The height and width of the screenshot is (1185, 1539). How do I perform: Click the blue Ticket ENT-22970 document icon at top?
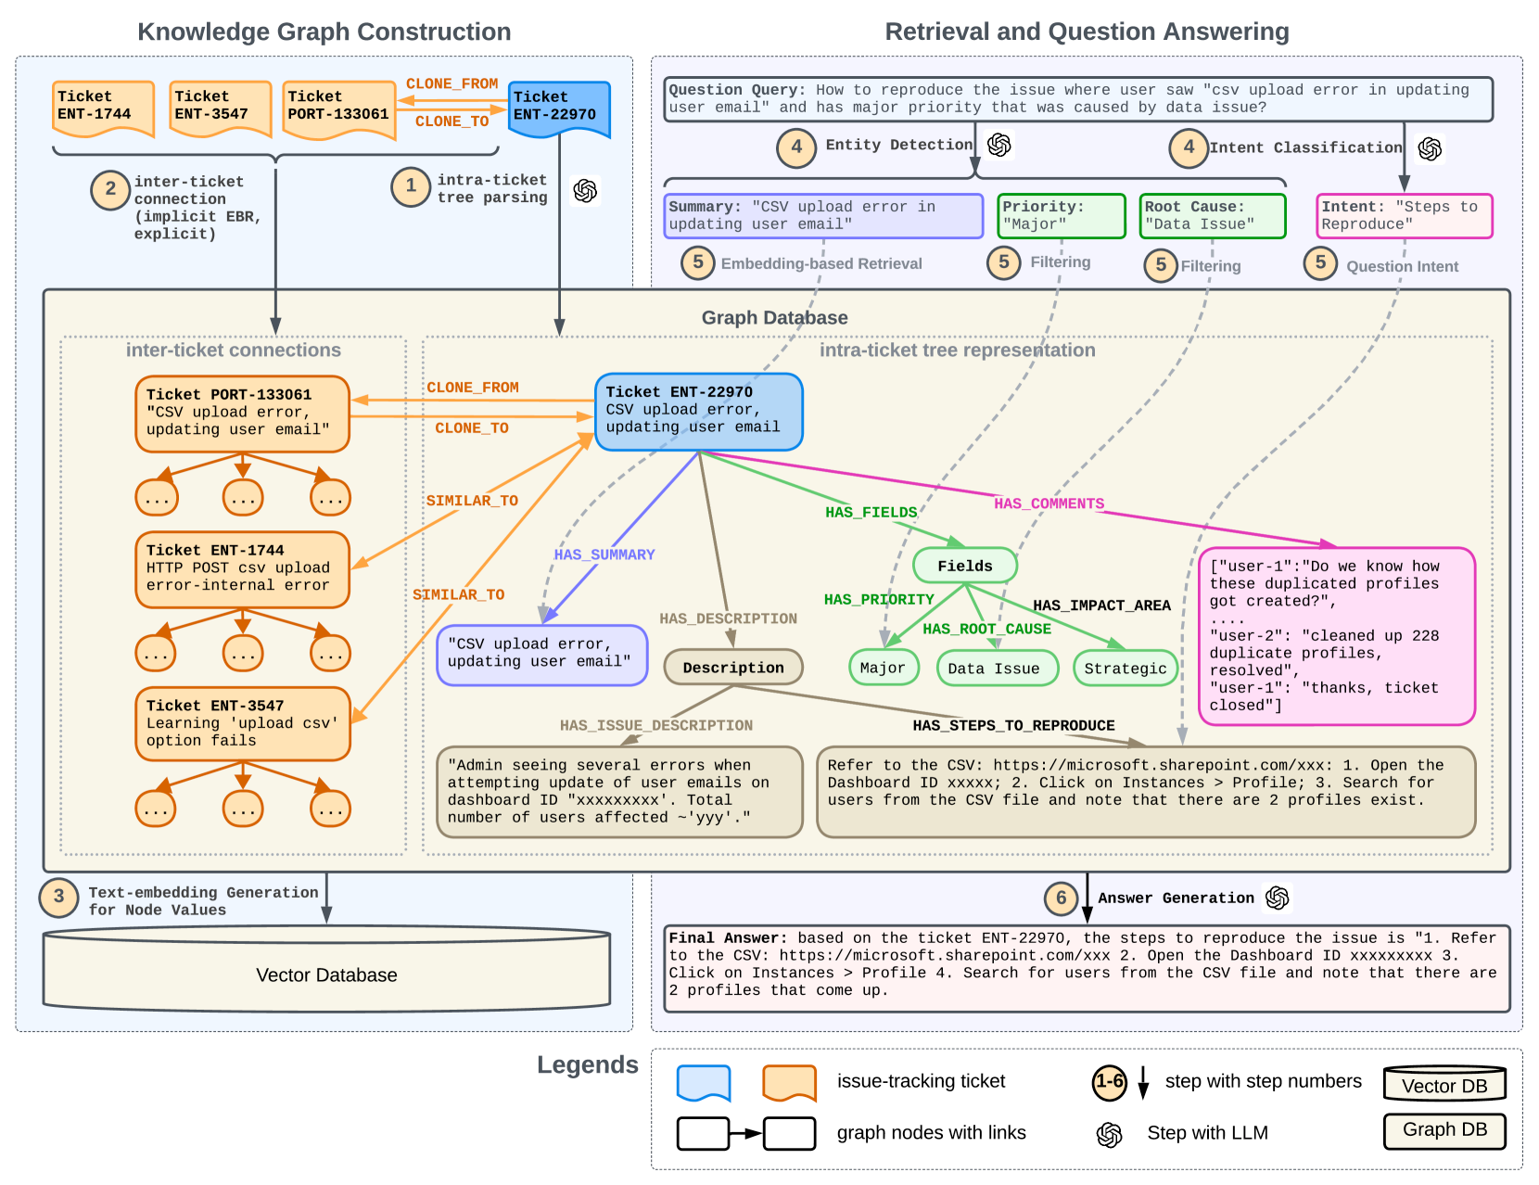tap(559, 108)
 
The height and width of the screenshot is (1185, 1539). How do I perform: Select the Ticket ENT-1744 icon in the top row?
tap(103, 108)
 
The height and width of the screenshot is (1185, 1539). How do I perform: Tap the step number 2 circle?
tap(110, 189)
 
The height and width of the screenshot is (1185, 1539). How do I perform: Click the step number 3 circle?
tap(58, 898)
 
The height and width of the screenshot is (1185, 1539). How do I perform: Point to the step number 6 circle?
tap(1061, 898)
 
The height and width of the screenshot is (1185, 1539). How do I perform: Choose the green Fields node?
tap(964, 566)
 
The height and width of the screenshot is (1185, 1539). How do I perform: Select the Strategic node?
tap(1125, 669)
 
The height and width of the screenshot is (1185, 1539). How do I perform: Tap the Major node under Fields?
tap(883, 668)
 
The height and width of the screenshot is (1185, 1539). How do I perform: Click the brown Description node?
tap(732, 668)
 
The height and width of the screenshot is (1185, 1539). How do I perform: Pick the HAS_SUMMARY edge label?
tap(604, 554)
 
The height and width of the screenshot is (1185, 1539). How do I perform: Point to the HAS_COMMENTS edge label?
tap(1049, 503)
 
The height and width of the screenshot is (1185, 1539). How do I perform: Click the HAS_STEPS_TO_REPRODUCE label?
tap(1013, 725)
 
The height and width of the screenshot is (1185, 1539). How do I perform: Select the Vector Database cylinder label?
tap(326, 975)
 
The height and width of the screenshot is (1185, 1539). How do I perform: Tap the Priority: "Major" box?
tap(1061, 216)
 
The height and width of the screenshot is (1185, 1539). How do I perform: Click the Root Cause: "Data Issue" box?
tap(1212, 216)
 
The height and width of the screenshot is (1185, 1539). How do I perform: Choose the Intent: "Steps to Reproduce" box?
tap(1404, 216)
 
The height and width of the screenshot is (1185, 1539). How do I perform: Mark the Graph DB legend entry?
tap(1444, 1130)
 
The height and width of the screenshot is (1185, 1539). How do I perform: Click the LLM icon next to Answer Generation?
tap(1278, 898)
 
